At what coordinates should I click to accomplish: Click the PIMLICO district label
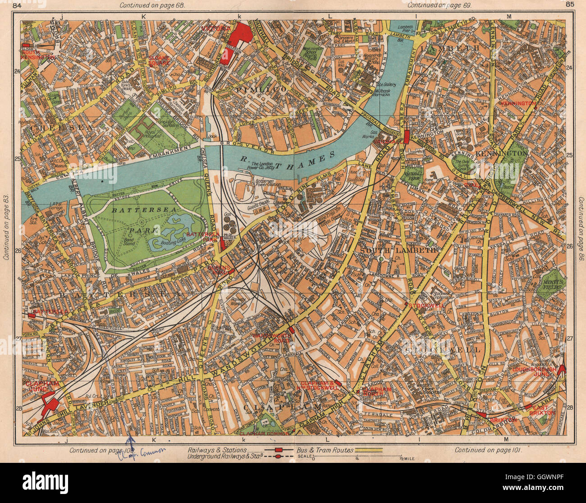point(261,90)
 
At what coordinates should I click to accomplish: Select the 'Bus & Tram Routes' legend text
point(325,450)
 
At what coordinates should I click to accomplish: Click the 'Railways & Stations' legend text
point(217,450)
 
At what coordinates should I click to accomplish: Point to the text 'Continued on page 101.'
point(488,450)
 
